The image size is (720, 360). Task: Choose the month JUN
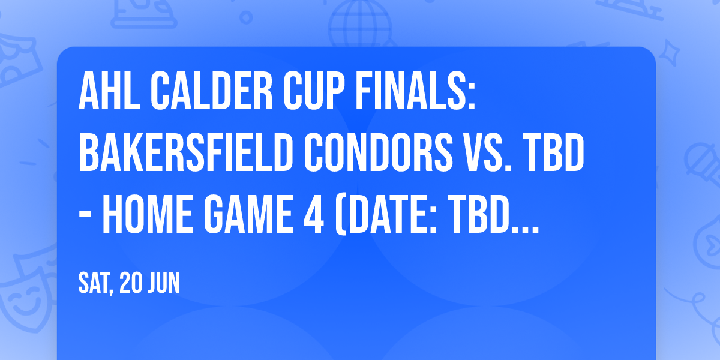click(164, 283)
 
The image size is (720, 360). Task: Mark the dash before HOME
click(88, 217)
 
